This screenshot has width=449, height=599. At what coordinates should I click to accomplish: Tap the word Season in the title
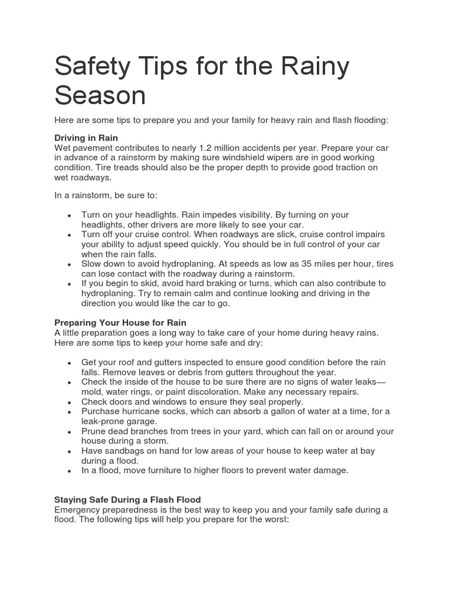(x=100, y=95)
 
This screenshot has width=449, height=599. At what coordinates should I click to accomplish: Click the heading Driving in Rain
(x=86, y=138)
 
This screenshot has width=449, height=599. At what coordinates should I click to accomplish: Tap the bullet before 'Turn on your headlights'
(x=70, y=216)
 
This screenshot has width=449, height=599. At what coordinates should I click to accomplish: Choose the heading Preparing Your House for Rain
(x=120, y=322)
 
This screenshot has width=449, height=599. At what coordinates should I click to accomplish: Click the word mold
(x=92, y=392)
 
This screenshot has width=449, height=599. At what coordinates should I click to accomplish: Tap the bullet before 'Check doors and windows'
(x=70, y=402)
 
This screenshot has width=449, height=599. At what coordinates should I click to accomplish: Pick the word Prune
(x=94, y=431)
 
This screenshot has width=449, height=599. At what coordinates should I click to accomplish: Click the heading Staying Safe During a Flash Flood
(x=127, y=500)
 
